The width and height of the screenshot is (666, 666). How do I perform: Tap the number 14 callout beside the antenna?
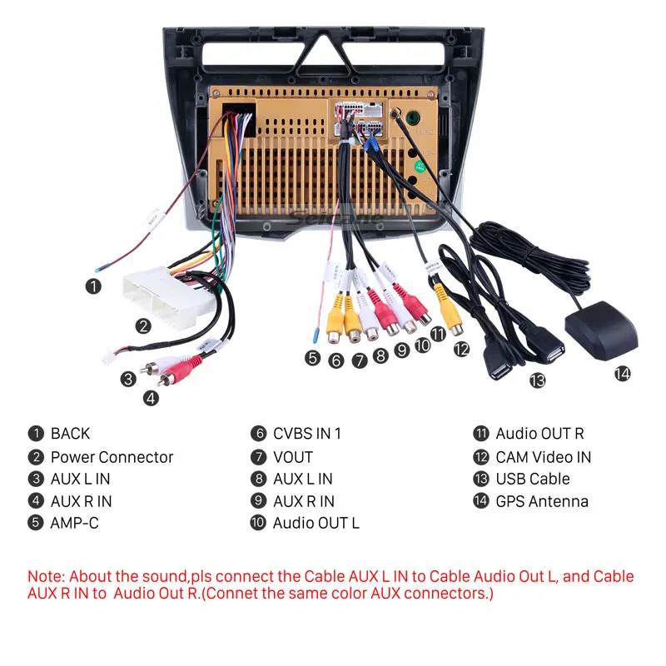pyautogui.click(x=622, y=374)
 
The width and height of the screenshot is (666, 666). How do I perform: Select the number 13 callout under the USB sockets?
pyautogui.click(x=537, y=380)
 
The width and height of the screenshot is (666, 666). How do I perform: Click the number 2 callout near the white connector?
pyautogui.click(x=143, y=326)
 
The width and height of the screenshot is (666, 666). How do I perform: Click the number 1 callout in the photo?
pyautogui.click(x=93, y=286)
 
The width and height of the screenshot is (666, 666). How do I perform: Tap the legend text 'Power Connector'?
pyautogui.click(x=112, y=457)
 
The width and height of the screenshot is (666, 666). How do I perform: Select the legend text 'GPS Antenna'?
pyautogui.click(x=541, y=501)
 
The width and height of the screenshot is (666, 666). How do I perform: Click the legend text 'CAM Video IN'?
pyautogui.click(x=543, y=457)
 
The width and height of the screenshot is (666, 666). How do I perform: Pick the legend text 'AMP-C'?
pyautogui.click(x=74, y=524)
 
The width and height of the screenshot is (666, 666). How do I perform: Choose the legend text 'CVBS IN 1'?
pyautogui.click(x=306, y=433)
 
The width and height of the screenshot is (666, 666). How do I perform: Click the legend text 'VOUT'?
pyautogui.click(x=292, y=457)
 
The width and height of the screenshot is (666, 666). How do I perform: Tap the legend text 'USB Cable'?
pyautogui.click(x=533, y=479)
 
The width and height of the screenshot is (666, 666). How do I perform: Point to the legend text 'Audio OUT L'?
pyautogui.click(x=316, y=524)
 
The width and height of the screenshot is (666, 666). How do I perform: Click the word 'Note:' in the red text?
pyautogui.click(x=47, y=576)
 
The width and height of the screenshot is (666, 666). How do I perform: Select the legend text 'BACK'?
pyautogui.click(x=70, y=433)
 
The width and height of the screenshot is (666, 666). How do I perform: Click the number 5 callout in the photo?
pyautogui.click(x=312, y=359)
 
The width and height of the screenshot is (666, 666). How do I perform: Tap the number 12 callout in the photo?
pyautogui.click(x=461, y=350)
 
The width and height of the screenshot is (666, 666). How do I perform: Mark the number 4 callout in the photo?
pyautogui.click(x=151, y=398)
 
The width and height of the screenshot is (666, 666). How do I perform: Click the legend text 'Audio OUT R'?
pyautogui.click(x=539, y=433)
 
